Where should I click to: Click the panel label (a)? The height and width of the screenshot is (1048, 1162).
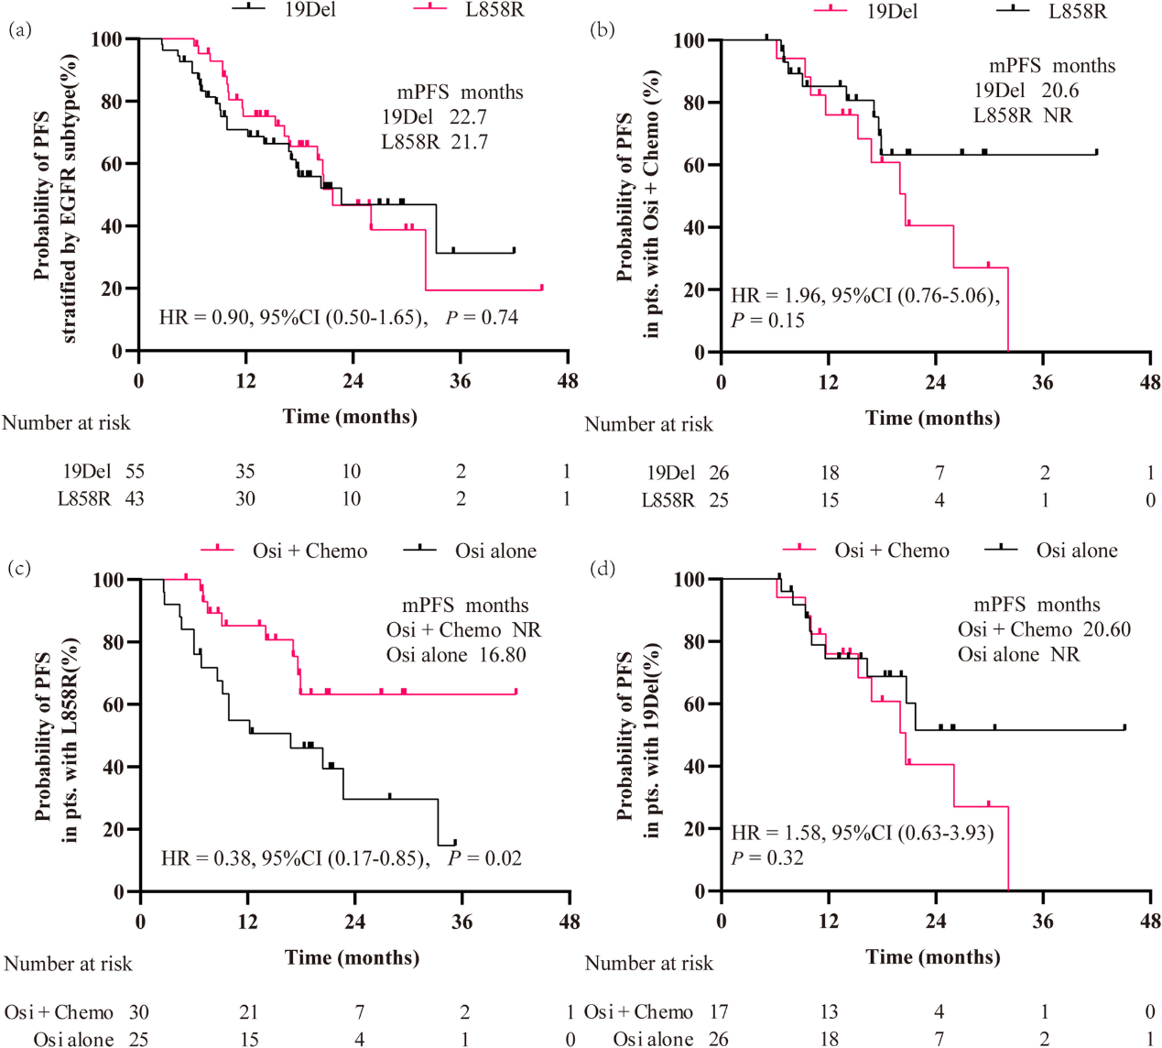click(x=19, y=30)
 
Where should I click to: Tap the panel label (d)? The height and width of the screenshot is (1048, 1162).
click(x=603, y=569)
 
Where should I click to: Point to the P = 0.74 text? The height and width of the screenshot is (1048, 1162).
click(x=483, y=318)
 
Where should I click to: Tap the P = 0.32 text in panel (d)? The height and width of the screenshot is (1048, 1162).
click(x=767, y=858)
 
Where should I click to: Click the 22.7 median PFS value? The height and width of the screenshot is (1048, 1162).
click(x=468, y=117)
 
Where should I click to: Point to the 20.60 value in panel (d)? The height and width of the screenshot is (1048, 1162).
click(x=1106, y=630)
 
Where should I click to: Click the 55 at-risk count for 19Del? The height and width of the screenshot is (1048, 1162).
click(x=135, y=472)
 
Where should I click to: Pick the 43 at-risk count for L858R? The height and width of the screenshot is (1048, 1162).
click(x=135, y=499)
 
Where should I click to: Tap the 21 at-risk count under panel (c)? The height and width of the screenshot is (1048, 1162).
click(x=248, y=1012)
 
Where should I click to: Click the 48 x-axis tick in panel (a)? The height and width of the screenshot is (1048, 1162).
click(x=567, y=381)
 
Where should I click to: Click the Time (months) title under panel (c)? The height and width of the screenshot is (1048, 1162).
click(x=352, y=958)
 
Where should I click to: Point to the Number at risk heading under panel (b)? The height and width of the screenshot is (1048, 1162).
click(x=648, y=425)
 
